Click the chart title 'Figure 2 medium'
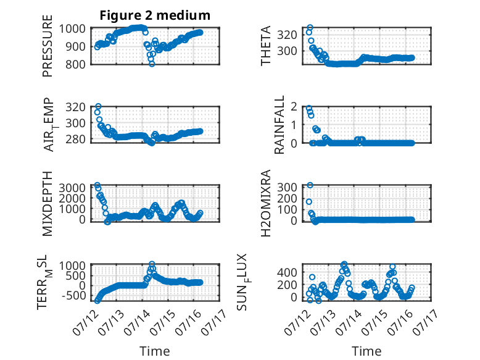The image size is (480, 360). [155, 15]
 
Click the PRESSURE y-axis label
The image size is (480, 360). [48, 46]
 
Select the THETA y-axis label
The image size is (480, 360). [266, 46]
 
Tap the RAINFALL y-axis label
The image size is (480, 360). [279, 125]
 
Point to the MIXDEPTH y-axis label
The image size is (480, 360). [48, 204]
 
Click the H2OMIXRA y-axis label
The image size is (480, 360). [266, 203]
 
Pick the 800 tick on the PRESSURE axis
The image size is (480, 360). [77, 64]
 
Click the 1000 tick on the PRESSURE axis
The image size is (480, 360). [72, 29]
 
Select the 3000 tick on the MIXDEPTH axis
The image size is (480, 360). [72, 188]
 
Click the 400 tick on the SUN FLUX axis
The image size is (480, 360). [288, 272]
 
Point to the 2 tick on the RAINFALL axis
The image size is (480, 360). [294, 107]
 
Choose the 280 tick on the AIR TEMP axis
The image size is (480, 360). [75, 139]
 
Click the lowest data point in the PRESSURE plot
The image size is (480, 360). [152, 64]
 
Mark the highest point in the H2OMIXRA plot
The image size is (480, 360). [310, 185]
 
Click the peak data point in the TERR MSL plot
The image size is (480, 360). [152, 264]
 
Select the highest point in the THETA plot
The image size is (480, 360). [310, 28]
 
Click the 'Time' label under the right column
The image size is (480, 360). [366, 351]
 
